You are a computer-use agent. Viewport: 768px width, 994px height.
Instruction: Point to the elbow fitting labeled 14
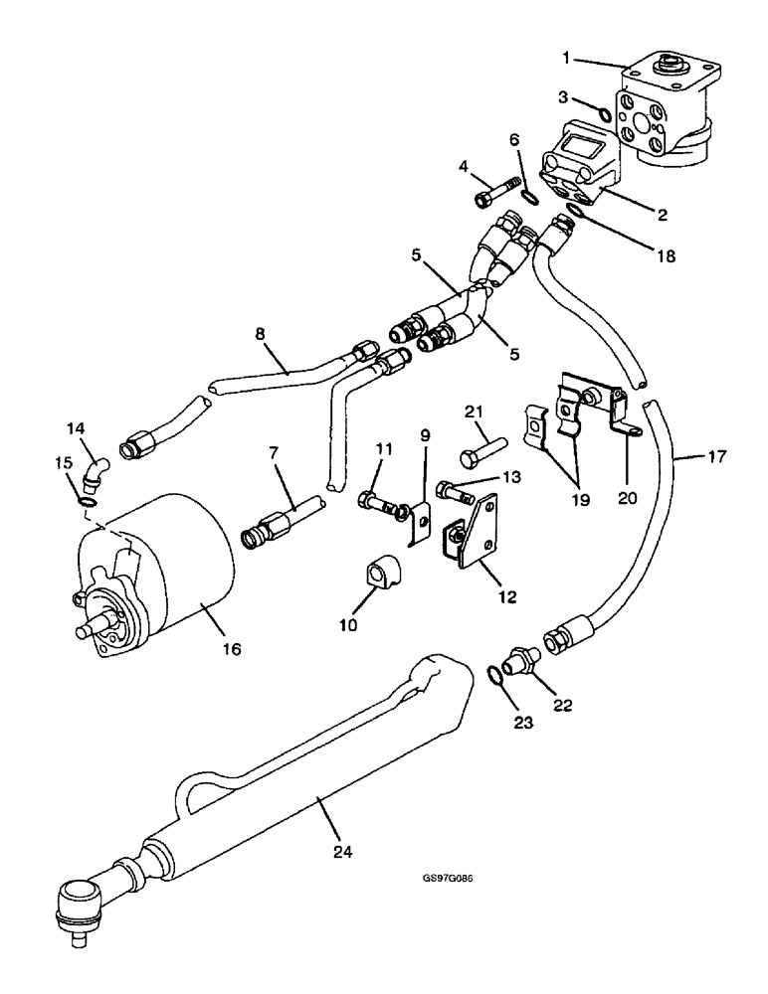(x=94, y=476)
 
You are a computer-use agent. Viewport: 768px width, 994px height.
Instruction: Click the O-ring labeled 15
(x=89, y=504)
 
